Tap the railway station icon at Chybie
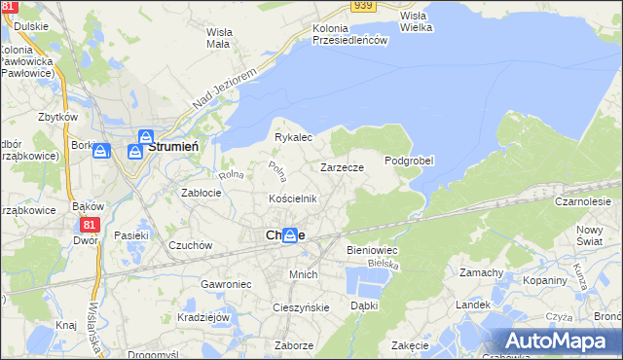[289, 235]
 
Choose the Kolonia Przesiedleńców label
[350, 34]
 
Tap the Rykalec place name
[293, 137]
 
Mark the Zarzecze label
[342, 167]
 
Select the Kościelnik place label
[293, 198]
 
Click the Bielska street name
[385, 264]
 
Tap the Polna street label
[276, 173]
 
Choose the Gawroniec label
[227, 283]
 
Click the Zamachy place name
[481, 272]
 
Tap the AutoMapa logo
[560, 341]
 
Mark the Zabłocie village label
[202, 193]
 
